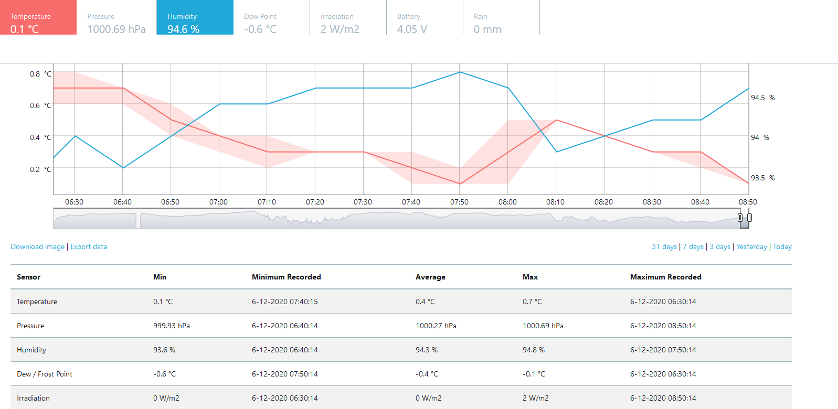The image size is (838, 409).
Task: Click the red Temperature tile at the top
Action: [x=38, y=17]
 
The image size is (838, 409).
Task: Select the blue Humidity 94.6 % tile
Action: [x=195, y=17]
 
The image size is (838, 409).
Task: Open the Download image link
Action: [x=37, y=247]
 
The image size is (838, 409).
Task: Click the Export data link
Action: [x=89, y=247]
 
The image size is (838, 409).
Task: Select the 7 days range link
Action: [x=693, y=247]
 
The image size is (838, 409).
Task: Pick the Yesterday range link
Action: [x=751, y=247]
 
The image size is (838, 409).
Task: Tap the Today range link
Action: [x=782, y=247]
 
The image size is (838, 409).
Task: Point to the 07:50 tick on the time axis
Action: [x=459, y=202]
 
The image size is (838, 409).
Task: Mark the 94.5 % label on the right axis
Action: [x=763, y=98]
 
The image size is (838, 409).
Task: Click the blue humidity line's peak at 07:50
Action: [x=460, y=72]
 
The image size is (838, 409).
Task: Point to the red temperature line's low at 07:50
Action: [x=460, y=184]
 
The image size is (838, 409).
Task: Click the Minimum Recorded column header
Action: [x=286, y=277]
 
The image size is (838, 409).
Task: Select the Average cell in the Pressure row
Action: [x=436, y=326]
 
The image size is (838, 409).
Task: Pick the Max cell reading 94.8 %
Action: [x=534, y=350]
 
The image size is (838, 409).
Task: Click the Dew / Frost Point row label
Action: [x=45, y=374]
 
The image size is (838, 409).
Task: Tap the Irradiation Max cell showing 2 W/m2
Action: [x=536, y=398]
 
